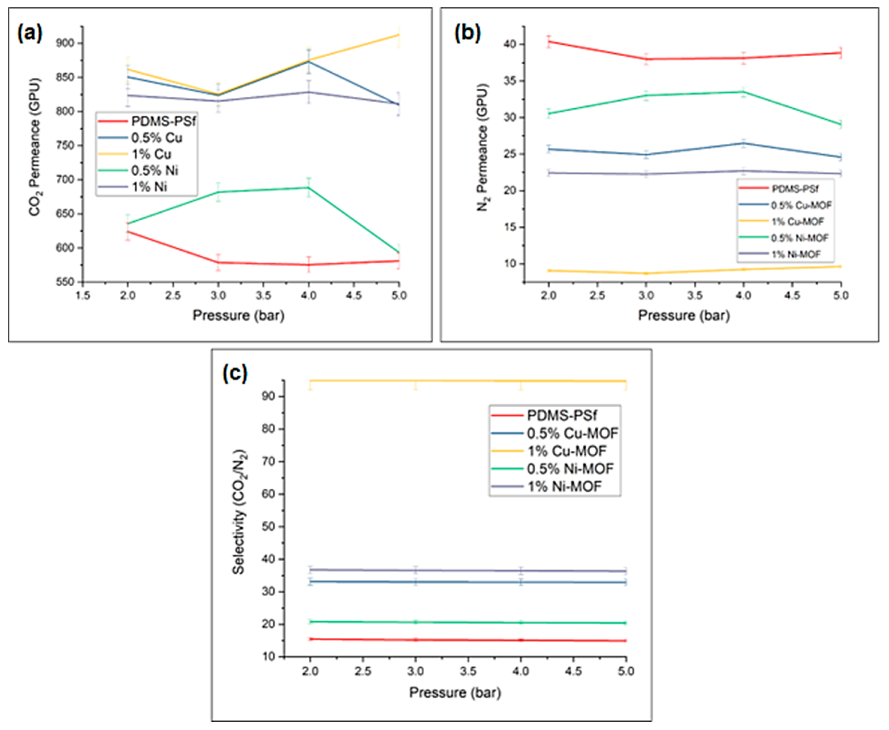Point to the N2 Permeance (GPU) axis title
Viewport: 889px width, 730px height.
coord(483,147)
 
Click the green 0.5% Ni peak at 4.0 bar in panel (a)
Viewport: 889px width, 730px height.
coord(309,188)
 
